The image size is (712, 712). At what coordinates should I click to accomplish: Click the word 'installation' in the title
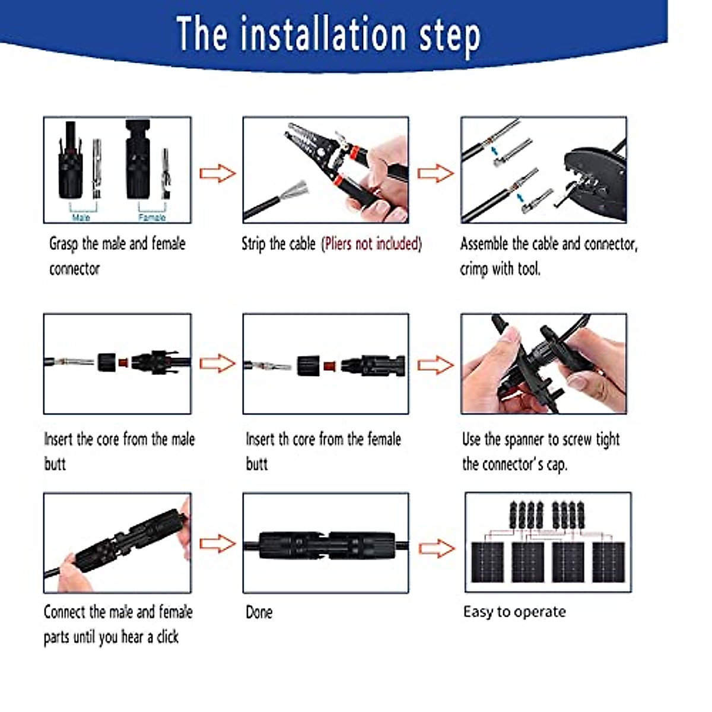click(x=323, y=34)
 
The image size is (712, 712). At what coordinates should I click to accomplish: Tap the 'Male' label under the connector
click(x=81, y=217)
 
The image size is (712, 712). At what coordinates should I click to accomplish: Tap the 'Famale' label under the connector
click(x=152, y=217)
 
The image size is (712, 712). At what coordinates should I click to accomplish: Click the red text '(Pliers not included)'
click(x=371, y=244)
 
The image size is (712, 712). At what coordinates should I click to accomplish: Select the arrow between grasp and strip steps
click(x=217, y=173)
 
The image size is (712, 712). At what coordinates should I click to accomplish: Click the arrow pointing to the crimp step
click(x=435, y=173)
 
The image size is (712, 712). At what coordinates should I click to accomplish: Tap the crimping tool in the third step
click(x=590, y=178)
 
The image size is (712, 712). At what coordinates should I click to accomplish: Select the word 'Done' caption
click(x=259, y=612)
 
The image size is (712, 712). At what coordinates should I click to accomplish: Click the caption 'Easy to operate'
click(x=514, y=612)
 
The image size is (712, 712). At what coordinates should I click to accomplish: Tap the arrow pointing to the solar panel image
click(x=436, y=548)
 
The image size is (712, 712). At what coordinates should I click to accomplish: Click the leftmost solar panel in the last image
click(x=488, y=562)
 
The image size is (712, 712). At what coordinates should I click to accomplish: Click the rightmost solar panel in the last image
click(x=608, y=562)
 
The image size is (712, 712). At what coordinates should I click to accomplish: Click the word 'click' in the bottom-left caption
click(x=167, y=637)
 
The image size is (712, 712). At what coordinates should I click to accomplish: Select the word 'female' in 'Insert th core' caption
click(x=384, y=440)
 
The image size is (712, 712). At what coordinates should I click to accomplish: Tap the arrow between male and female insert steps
click(x=217, y=363)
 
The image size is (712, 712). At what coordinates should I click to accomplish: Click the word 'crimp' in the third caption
click(x=473, y=269)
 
